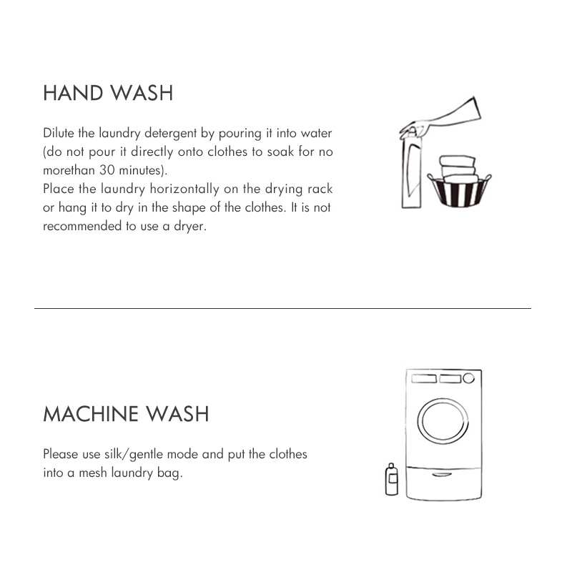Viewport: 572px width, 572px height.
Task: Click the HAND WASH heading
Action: [108, 93]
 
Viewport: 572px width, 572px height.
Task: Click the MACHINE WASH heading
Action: [126, 414]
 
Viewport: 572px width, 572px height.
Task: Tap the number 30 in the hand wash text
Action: [107, 170]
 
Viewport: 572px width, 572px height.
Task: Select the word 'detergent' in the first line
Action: [171, 134]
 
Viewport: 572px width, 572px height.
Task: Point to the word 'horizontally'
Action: [184, 189]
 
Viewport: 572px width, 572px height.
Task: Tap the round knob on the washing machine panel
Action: [469, 378]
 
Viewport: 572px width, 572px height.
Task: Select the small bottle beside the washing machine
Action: [391, 479]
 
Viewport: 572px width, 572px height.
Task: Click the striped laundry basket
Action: [459, 191]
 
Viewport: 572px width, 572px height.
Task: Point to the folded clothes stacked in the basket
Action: [458, 169]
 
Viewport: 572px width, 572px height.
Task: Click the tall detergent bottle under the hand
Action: [412, 171]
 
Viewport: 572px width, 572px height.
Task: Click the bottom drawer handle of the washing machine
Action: [442, 475]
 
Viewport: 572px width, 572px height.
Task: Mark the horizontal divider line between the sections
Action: [282, 309]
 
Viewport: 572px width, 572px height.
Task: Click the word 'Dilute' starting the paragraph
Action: [59, 133]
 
